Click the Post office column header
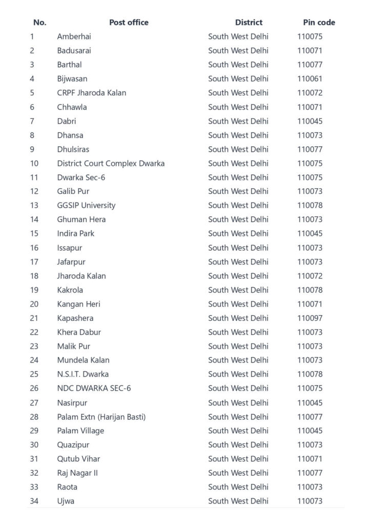pyautogui.click(x=129, y=23)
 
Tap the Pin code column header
pyautogui.click(x=319, y=23)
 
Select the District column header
pyautogui.click(x=249, y=23)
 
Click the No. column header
pyautogui.click(x=39, y=23)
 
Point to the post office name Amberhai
pyautogui.click(x=74, y=36)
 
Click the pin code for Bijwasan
pyautogui.click(x=310, y=79)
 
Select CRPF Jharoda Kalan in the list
pyautogui.click(x=92, y=93)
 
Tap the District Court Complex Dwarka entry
pyautogui.click(x=111, y=164)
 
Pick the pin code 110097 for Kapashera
pyautogui.click(x=310, y=318)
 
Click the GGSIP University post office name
pyautogui.click(x=86, y=206)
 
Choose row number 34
pyautogui.click(x=34, y=501)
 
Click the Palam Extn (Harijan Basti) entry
pyautogui.click(x=101, y=417)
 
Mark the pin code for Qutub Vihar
pyautogui.click(x=310, y=459)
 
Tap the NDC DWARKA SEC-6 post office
pyautogui.click(x=94, y=388)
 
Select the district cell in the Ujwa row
pyautogui.click(x=238, y=501)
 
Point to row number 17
pyautogui.click(x=34, y=262)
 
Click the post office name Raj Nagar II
pyautogui.click(x=77, y=473)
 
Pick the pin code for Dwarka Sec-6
pyautogui.click(x=310, y=177)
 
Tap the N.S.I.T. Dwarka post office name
pyautogui.click(x=83, y=374)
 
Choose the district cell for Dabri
pyautogui.click(x=238, y=121)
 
